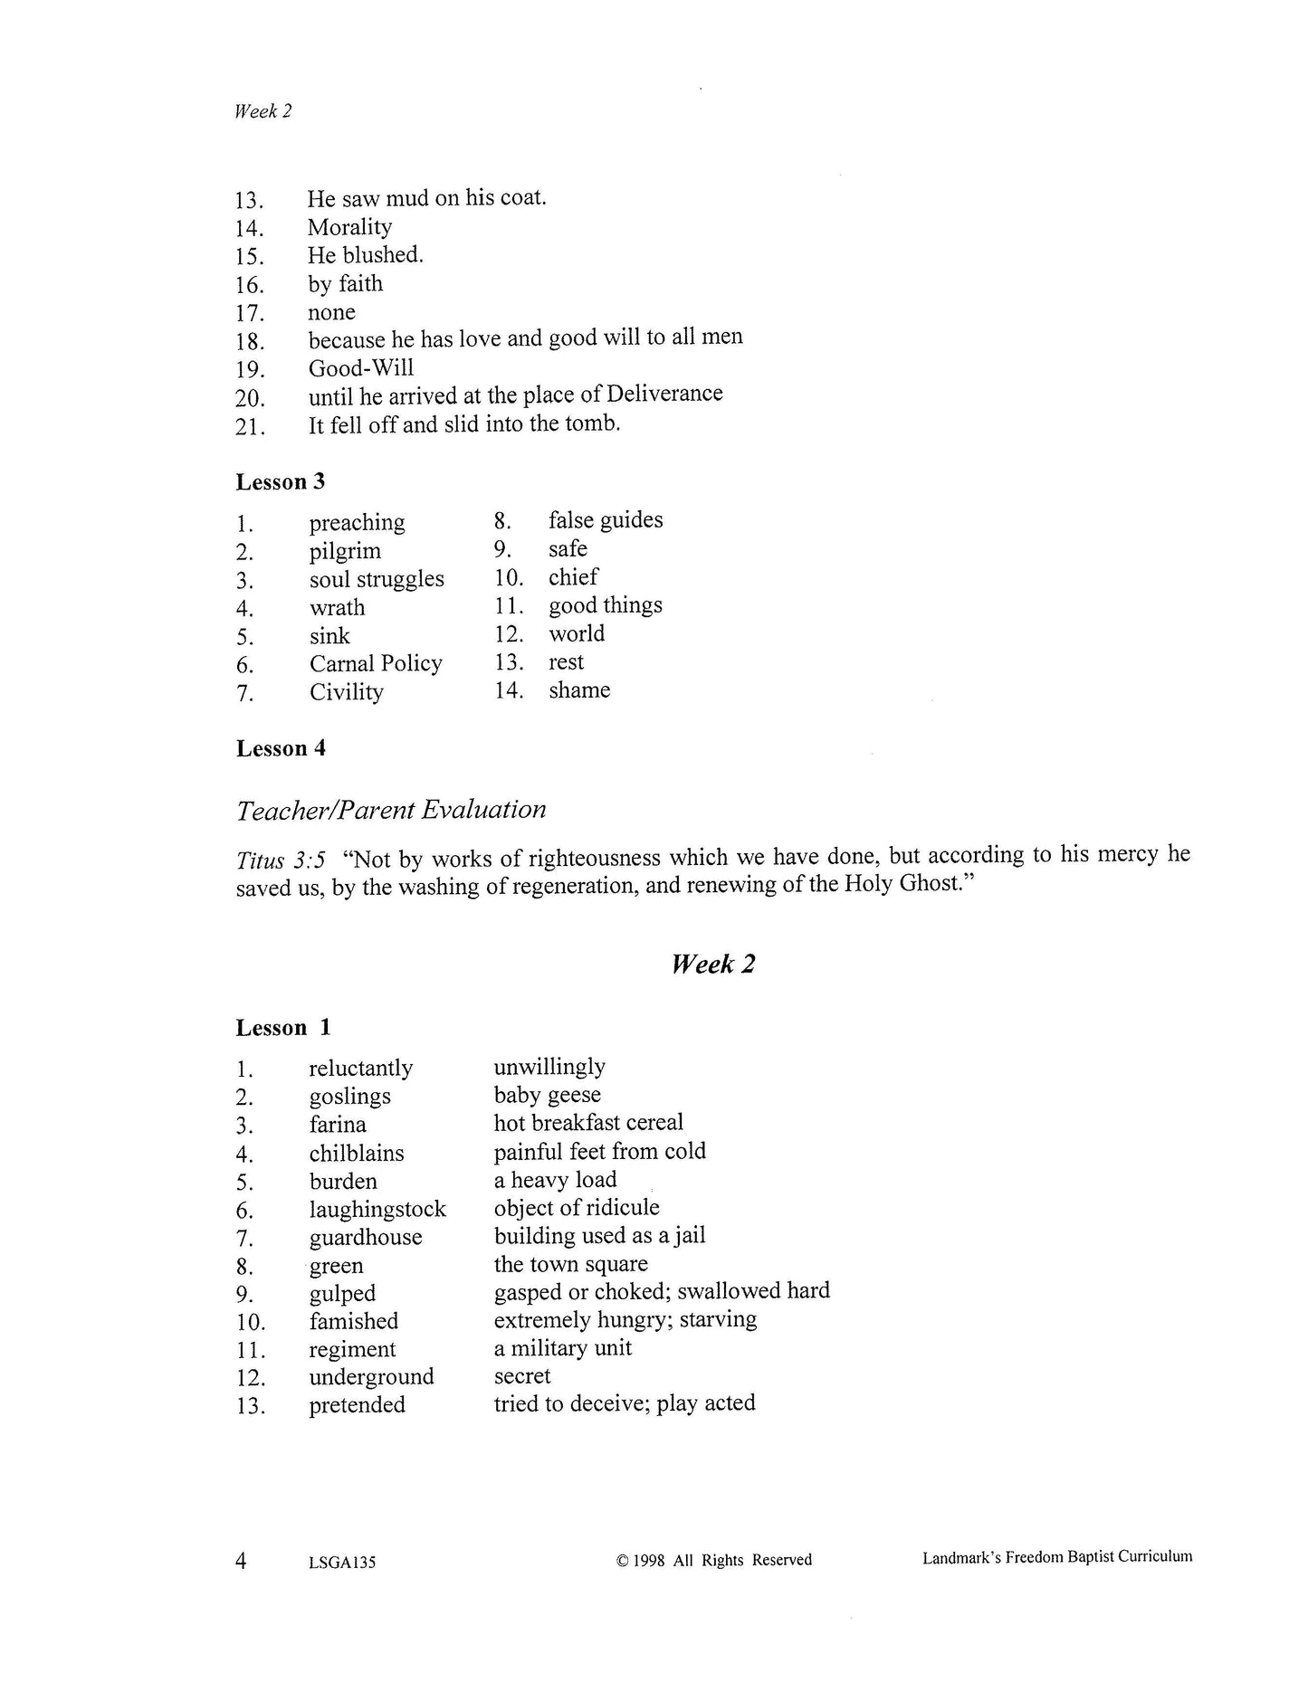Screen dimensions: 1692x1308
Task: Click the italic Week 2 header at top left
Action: (263, 111)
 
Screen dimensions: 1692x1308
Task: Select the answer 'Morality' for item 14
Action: (349, 227)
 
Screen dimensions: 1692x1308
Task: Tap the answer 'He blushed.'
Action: (365, 255)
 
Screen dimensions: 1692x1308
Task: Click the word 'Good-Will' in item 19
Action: (360, 368)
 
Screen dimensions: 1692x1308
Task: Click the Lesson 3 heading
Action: (280, 481)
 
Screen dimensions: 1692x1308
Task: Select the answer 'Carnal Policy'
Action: (376, 663)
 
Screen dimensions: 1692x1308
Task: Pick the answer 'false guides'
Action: (605, 520)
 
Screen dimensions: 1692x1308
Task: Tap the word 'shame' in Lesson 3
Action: (578, 690)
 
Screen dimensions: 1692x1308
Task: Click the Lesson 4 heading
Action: (281, 748)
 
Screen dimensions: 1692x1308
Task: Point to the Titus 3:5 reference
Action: (280, 859)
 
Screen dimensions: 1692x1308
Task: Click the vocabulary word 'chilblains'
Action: (356, 1153)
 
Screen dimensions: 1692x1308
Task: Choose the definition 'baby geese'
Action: (547, 1095)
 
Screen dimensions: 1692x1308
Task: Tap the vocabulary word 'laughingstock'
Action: (377, 1209)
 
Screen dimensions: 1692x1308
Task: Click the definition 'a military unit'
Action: (562, 1348)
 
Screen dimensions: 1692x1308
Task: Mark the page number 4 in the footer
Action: (241, 1560)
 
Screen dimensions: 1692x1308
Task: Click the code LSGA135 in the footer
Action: (341, 1562)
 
